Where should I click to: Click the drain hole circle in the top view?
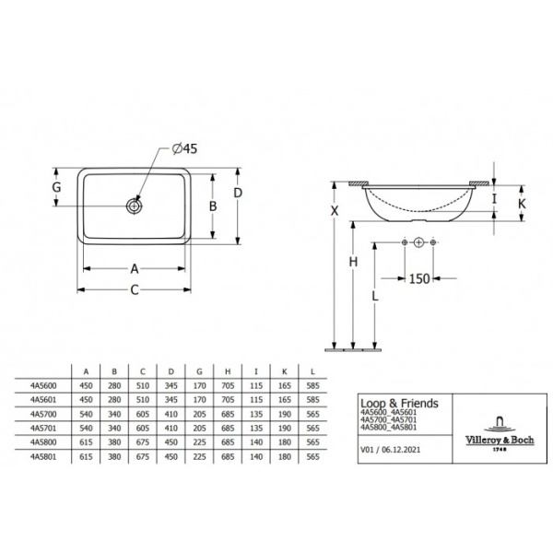135,206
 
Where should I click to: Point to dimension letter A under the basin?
134,269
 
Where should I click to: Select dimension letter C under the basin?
134,291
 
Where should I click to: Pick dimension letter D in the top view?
238,193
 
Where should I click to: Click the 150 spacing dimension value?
418,278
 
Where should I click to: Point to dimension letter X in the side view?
335,211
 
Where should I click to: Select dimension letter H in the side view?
353,263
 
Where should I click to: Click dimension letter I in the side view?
496,198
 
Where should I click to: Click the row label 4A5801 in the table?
43,455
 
